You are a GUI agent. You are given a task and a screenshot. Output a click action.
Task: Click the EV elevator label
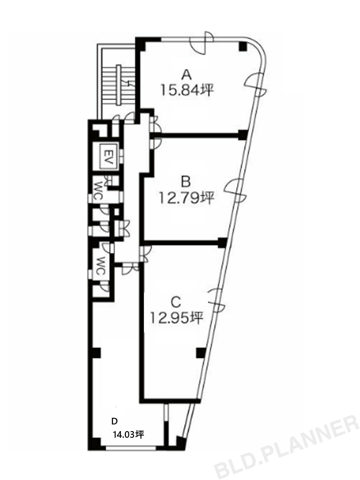coord(108,156)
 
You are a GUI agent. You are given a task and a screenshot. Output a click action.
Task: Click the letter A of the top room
coord(186,75)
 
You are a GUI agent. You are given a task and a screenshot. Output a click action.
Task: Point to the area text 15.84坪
coord(186,90)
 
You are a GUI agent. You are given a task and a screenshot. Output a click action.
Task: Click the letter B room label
coord(186,182)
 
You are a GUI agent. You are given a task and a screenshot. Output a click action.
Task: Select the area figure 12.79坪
coord(186,198)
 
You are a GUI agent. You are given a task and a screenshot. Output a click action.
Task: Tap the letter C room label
coord(176,303)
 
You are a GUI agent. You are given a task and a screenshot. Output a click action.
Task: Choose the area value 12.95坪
coord(176,318)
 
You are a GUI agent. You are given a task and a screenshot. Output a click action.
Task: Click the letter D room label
coord(115,421)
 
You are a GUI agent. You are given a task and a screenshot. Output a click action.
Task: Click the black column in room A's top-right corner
coord(243,46)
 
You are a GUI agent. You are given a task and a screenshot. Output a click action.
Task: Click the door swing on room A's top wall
coord(201,43)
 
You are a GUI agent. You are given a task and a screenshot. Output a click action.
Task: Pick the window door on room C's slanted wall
coord(216,300)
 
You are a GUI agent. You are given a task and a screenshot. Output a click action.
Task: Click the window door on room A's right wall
coord(256,84)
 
